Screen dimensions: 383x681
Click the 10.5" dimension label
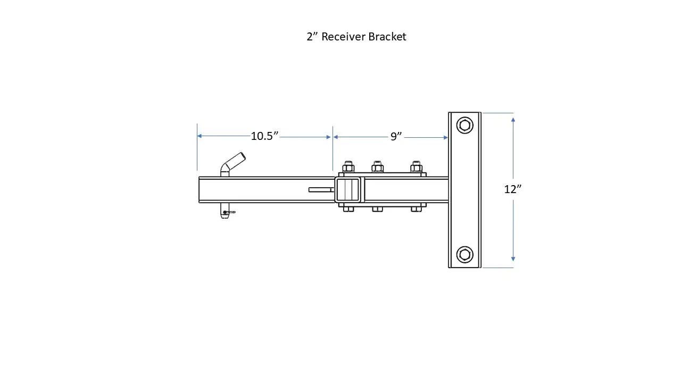coord(264,136)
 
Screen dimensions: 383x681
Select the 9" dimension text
coord(396,137)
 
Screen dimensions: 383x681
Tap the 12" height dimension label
coord(512,189)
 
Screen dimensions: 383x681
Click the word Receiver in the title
coord(344,37)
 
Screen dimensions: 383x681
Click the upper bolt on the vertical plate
coord(464,126)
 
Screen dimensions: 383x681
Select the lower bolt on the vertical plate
coord(464,254)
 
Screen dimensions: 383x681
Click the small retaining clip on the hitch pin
coord(229,212)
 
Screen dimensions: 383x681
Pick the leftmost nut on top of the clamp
coord(348,167)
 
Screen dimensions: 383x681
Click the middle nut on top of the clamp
coord(377,167)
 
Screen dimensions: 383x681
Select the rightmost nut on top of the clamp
coord(416,167)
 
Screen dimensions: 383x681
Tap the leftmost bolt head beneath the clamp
coord(348,209)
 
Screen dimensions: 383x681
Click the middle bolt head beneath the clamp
coord(377,209)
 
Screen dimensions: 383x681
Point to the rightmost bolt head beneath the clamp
coord(416,209)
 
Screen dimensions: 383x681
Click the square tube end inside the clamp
coord(348,189)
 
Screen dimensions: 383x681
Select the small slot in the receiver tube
coord(321,189)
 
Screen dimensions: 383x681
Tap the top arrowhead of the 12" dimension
coord(513,120)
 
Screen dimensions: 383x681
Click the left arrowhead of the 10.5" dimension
coord(200,136)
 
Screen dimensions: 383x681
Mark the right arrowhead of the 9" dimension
coord(446,137)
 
